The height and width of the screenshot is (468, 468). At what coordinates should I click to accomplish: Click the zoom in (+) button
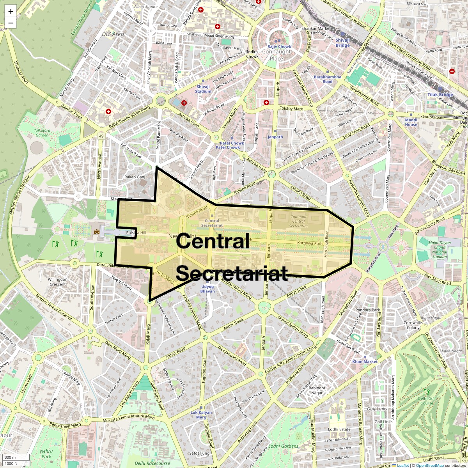(11, 11)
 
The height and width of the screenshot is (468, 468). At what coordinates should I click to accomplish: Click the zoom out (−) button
(11, 23)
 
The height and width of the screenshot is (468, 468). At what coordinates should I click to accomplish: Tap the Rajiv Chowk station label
(279, 47)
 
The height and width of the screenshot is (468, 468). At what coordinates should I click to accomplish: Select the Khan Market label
(365, 362)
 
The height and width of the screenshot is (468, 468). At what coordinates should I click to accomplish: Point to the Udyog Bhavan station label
(207, 289)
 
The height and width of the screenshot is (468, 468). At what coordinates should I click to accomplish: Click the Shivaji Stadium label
(203, 89)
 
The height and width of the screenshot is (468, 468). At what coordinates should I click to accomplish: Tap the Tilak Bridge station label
(440, 95)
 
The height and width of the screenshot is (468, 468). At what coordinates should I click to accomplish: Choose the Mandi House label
(411, 122)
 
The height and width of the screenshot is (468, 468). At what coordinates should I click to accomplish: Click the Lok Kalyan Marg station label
(201, 415)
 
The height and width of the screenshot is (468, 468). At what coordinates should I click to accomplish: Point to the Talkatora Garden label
(42, 133)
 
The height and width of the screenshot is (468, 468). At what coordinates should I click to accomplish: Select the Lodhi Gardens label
(283, 446)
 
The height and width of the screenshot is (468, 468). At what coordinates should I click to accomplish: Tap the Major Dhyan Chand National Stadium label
(440, 250)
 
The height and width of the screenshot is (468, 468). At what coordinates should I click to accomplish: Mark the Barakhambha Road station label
(327, 79)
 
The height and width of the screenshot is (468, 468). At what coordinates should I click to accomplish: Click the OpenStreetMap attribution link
(429, 465)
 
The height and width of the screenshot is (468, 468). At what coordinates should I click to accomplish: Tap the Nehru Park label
(46, 454)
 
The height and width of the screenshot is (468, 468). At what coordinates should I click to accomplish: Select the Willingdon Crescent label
(58, 282)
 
